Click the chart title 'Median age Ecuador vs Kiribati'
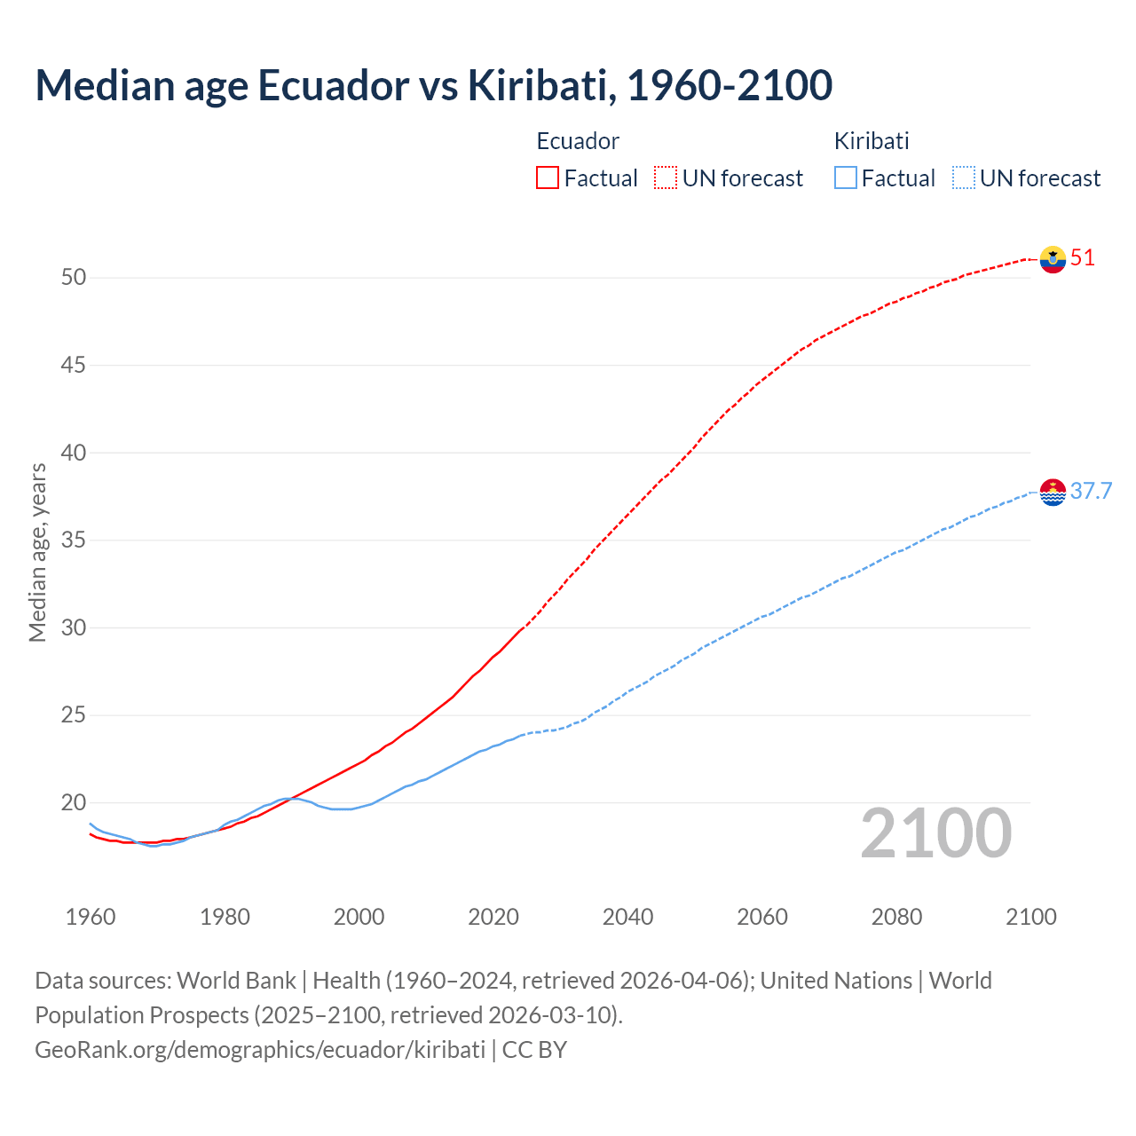[x=433, y=85]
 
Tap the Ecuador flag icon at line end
[x=1053, y=259]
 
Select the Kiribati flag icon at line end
[x=1053, y=492]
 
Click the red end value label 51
[x=1083, y=258]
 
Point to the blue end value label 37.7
[x=1091, y=492]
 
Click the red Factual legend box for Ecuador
[x=548, y=178]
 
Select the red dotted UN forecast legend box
[x=666, y=178]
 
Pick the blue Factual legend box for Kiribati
[x=846, y=178]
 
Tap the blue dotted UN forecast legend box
[x=963, y=178]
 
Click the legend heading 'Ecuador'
[x=578, y=141]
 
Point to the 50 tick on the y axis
[x=74, y=278]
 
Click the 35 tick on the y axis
[x=74, y=540]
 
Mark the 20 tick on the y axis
[x=74, y=803]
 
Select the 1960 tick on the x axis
[x=91, y=917]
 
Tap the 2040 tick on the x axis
[x=627, y=917]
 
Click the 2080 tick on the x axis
[x=896, y=917]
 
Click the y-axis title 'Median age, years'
[x=37, y=552]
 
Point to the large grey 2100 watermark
[x=936, y=833]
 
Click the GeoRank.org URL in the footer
[x=260, y=1050]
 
